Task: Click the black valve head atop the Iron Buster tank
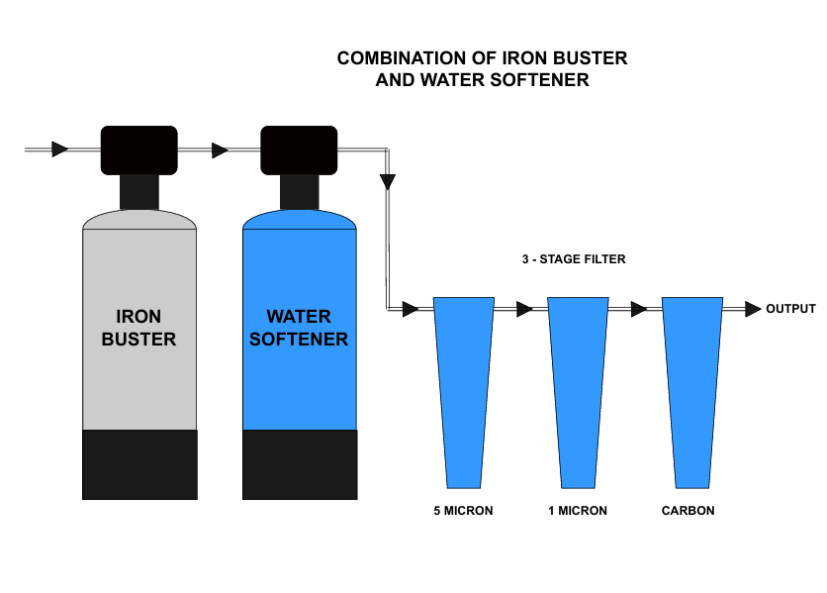pyautogui.click(x=138, y=150)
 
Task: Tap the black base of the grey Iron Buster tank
pyautogui.click(x=138, y=464)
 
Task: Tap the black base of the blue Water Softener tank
pyautogui.click(x=300, y=464)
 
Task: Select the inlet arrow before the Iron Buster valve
pyautogui.click(x=60, y=149)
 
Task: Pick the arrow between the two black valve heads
pyautogui.click(x=220, y=150)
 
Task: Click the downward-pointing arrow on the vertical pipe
pyautogui.click(x=388, y=182)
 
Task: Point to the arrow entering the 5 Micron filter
pyautogui.click(x=411, y=309)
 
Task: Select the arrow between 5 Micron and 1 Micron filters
pyautogui.click(x=524, y=309)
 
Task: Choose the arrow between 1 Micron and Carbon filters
pyautogui.click(x=639, y=309)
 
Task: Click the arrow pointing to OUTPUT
pyautogui.click(x=753, y=309)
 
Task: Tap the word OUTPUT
pyautogui.click(x=790, y=309)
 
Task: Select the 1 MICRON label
pyautogui.click(x=578, y=511)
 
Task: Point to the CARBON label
pyautogui.click(x=688, y=511)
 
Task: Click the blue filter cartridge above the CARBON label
pyautogui.click(x=691, y=386)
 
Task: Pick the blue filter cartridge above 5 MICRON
pyautogui.click(x=464, y=386)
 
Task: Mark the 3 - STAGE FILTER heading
pyautogui.click(x=574, y=259)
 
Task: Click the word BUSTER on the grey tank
pyautogui.click(x=138, y=340)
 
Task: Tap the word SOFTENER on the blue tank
pyautogui.click(x=299, y=340)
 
